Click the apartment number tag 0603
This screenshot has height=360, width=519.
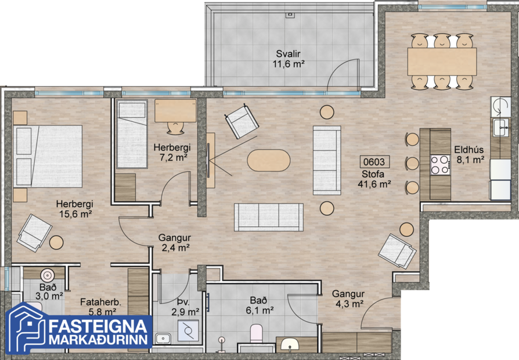(x=373, y=162)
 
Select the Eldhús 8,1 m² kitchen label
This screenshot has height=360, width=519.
(x=470, y=153)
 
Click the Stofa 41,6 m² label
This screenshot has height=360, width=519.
(x=373, y=178)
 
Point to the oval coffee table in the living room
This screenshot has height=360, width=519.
(x=268, y=160)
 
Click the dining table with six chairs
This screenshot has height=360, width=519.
(x=442, y=61)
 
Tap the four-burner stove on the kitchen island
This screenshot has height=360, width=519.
(x=439, y=165)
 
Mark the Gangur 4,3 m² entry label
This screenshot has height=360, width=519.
(x=348, y=298)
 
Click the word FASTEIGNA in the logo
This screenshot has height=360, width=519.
(x=102, y=325)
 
